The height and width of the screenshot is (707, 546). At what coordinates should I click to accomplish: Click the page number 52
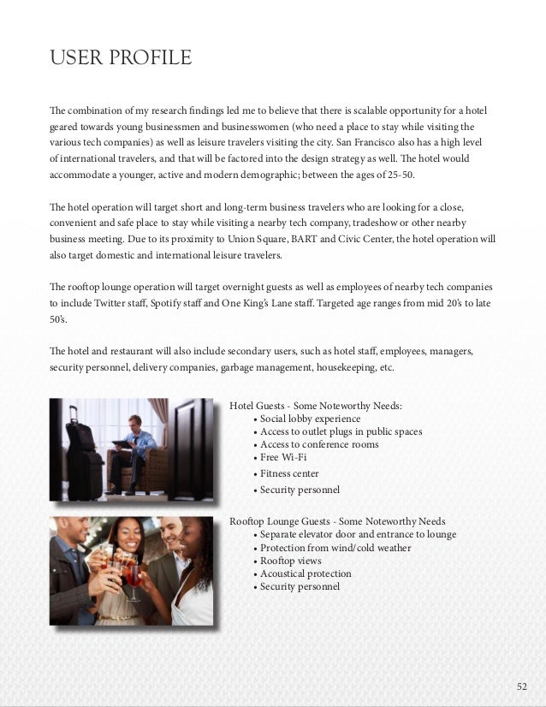(523, 686)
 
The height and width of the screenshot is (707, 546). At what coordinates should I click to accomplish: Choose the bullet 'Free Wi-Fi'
(283, 458)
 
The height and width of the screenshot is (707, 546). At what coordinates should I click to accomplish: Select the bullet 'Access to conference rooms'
(318, 445)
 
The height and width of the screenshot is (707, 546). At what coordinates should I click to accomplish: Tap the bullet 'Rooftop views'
(290, 561)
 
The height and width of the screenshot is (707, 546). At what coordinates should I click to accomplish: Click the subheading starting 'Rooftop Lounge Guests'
(337, 521)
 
